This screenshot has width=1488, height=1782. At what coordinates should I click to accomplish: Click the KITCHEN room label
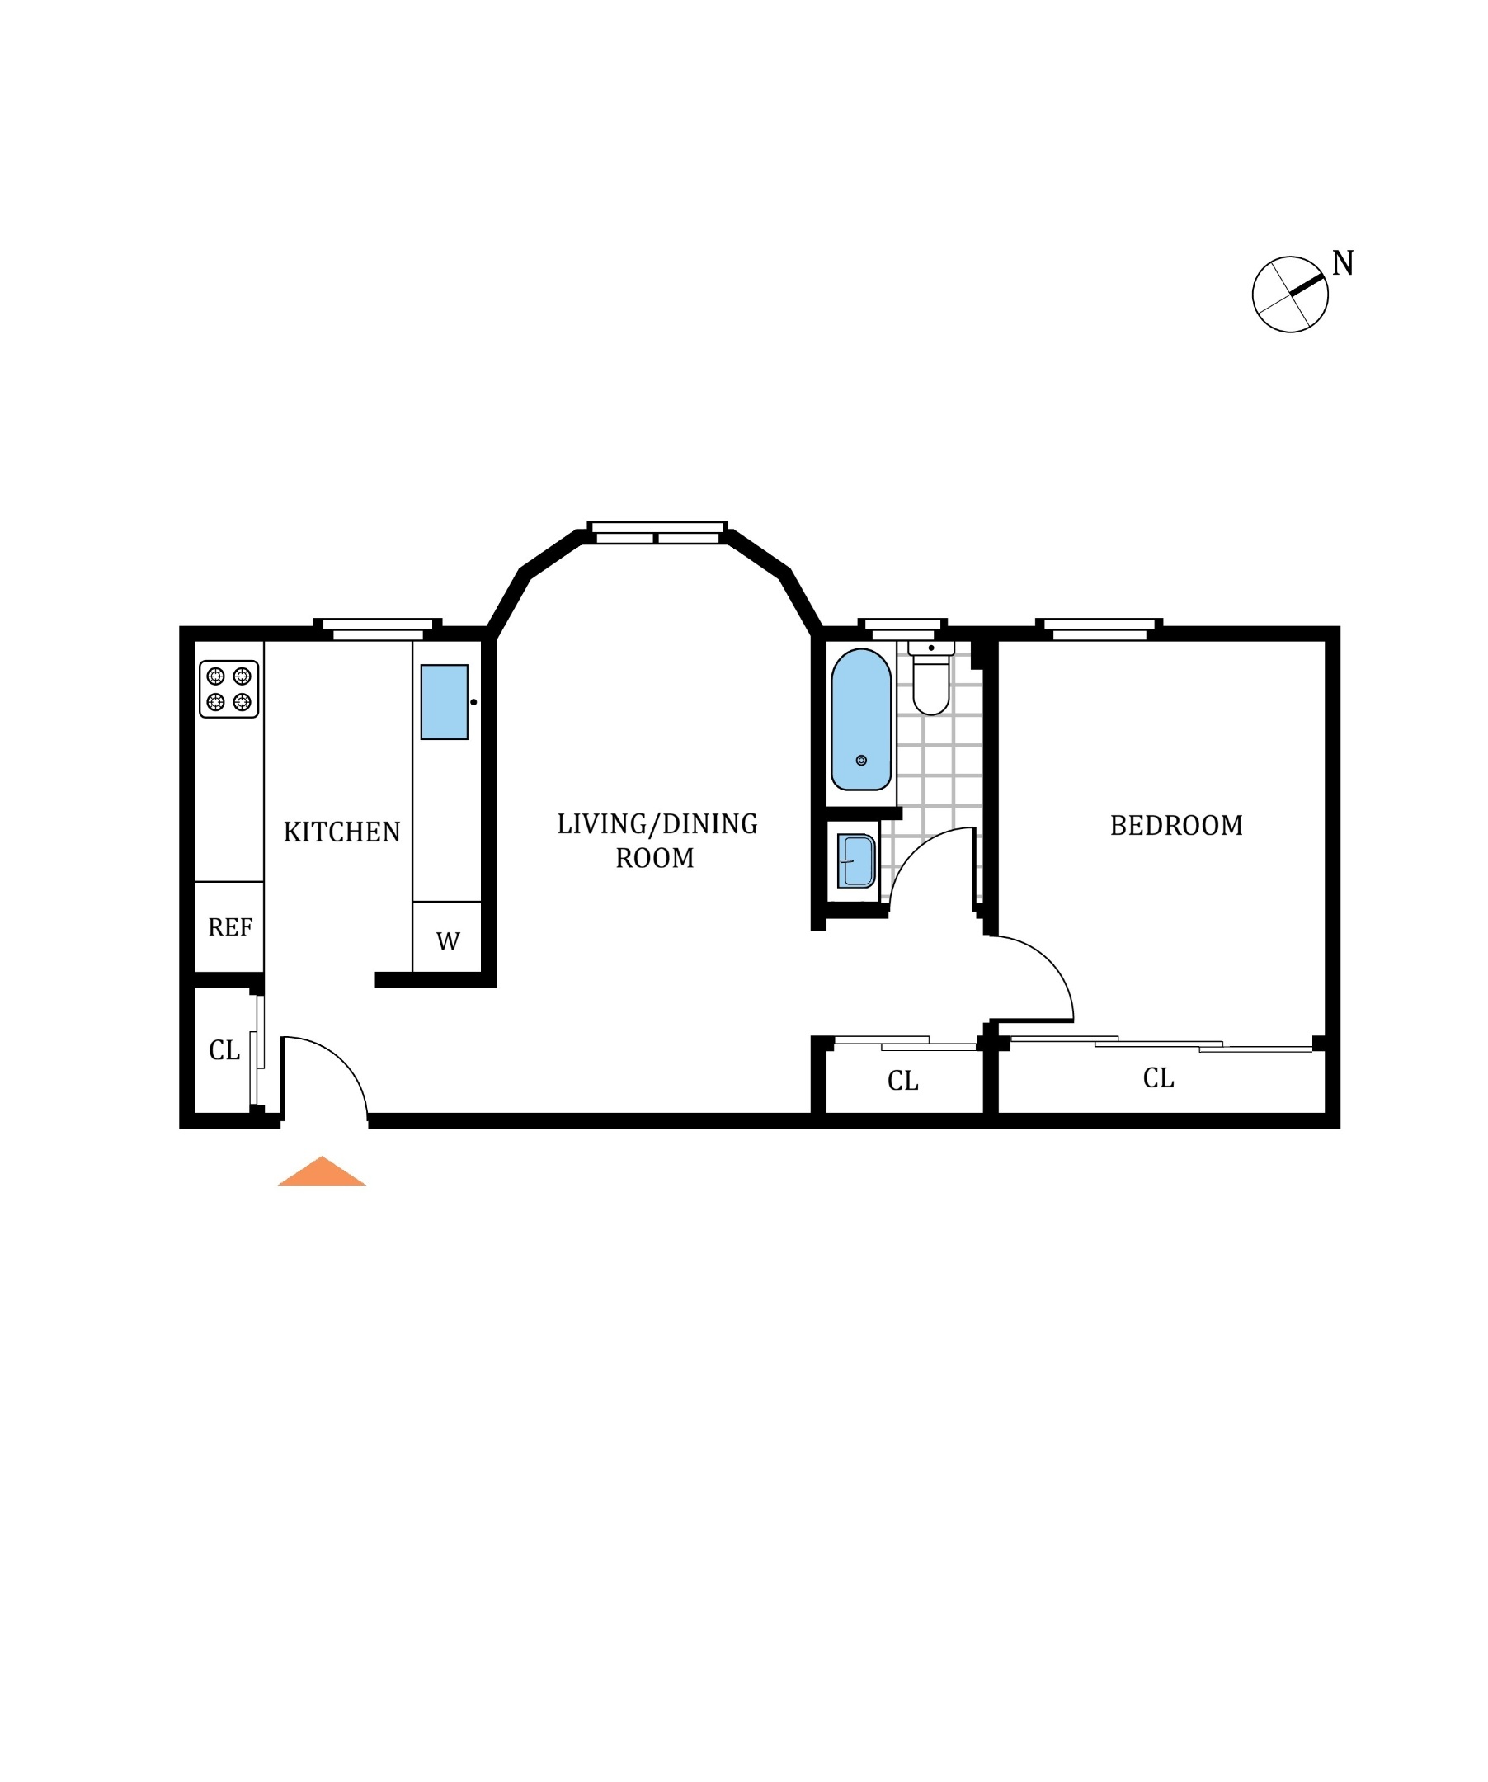tap(341, 832)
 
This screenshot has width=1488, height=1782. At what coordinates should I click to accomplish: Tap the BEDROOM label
tap(1176, 826)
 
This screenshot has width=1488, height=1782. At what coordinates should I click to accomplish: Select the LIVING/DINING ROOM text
tap(657, 841)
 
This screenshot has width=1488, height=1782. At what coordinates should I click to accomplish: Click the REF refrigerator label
tap(230, 927)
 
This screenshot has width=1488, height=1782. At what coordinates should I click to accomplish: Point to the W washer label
tap(448, 941)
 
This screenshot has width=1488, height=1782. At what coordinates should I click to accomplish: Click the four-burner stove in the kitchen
tap(229, 689)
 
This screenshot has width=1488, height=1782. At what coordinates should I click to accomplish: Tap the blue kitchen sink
tap(445, 702)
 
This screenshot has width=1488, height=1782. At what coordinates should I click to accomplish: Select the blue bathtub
tap(861, 719)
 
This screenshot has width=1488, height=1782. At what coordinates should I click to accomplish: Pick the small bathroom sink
tap(857, 860)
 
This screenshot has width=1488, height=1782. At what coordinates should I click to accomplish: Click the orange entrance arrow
tap(322, 1171)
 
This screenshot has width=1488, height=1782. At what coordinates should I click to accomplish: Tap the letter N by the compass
tap(1342, 264)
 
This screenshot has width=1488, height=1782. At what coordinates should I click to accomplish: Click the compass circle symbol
tap(1289, 295)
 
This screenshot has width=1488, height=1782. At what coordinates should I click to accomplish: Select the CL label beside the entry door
tap(224, 1050)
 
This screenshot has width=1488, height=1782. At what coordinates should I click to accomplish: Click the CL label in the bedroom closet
tap(1158, 1078)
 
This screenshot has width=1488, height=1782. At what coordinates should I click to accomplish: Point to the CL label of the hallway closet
tap(902, 1081)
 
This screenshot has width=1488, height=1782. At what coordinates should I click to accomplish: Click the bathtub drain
tap(861, 761)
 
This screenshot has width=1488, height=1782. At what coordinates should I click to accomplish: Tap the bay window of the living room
tap(657, 533)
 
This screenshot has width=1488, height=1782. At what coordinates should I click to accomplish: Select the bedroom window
tap(1099, 629)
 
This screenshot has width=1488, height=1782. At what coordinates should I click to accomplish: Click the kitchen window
tap(378, 629)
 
